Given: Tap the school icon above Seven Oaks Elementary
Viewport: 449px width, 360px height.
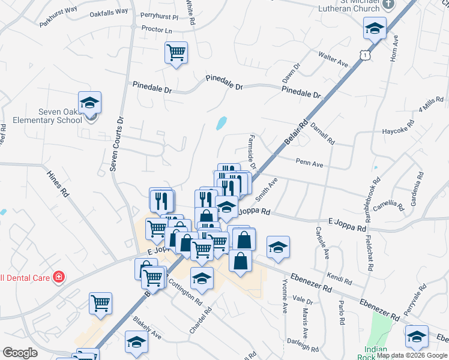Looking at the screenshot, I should pos(89,103).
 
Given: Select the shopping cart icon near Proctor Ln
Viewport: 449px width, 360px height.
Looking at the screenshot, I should pos(176,53).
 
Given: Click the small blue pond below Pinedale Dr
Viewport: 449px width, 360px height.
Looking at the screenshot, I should pos(220,124).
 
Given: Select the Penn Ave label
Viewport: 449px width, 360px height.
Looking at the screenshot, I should pos(309,163).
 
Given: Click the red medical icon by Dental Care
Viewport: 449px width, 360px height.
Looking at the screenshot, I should pos(59,277).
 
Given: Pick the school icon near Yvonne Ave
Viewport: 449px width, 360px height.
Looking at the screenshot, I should pos(278,247).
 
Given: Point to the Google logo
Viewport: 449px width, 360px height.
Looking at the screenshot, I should pos(20,353).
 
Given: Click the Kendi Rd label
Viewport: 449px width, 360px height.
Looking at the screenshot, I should pos(340,278).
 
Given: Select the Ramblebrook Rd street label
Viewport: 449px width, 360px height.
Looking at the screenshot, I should pos(372,197).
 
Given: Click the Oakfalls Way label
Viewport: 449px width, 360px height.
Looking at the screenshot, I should pos(109,12).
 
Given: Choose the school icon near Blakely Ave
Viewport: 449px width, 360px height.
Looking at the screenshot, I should pos(136,342).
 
